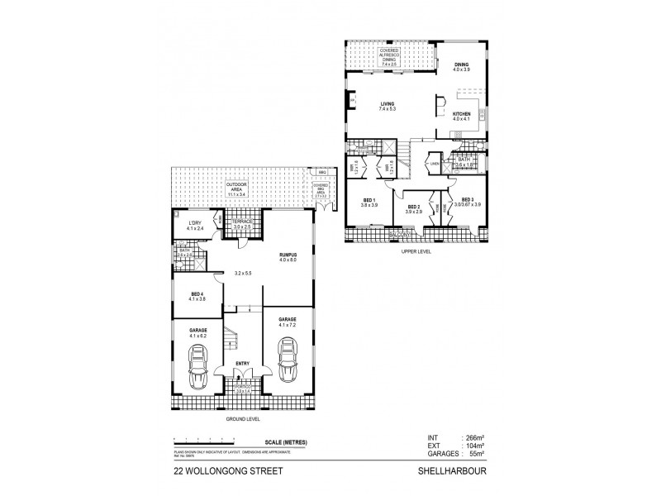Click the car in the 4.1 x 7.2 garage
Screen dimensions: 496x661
point(288,361)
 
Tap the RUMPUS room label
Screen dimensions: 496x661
point(288,257)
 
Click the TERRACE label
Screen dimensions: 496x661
point(241,223)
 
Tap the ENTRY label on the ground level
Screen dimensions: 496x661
point(242,363)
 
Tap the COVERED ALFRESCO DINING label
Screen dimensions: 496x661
point(388,54)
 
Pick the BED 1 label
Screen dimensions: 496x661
point(368,200)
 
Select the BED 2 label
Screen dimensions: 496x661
point(414,207)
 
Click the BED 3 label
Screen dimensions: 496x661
point(468,200)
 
